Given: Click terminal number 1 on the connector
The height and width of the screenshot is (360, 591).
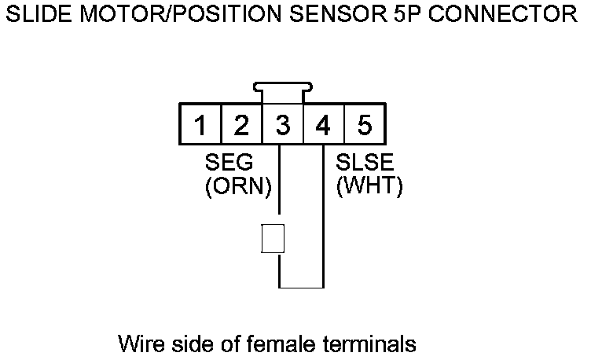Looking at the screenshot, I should pos(200,125).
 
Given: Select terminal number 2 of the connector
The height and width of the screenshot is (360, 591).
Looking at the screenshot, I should pos(241,125).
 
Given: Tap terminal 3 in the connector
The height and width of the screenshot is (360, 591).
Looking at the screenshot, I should pos(282,125).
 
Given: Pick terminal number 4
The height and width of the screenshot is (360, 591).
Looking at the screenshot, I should pos(323,125).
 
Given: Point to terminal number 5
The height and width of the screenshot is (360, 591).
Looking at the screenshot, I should pos(364,125).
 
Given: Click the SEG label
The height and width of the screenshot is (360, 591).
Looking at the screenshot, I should pos(229,163).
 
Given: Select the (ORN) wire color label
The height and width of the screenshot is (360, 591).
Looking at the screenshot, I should pos(237,187).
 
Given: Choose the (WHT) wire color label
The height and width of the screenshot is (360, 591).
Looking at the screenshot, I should pos(369,187).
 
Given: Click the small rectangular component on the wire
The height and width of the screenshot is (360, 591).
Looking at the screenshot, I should pos(272,238).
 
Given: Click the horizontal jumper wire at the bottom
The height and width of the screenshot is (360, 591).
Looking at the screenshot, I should pos(302,285).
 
